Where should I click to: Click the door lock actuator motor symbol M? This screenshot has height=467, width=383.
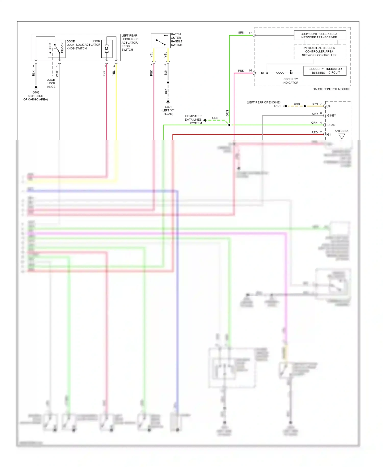[x=106, y=49]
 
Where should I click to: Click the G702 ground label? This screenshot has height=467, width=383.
[x=36, y=92]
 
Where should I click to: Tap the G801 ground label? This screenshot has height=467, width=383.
[x=168, y=107]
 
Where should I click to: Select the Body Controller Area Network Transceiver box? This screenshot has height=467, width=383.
[x=320, y=36]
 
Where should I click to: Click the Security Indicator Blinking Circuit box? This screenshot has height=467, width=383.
[x=325, y=71]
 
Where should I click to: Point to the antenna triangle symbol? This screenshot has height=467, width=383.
[x=342, y=136]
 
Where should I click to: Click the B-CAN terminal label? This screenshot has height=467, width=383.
[x=331, y=125]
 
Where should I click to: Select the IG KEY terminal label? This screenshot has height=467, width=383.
[x=331, y=115]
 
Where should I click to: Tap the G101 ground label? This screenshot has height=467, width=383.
[x=277, y=106]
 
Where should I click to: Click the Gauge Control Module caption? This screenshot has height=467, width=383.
[x=331, y=89]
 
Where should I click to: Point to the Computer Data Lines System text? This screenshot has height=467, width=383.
[x=193, y=120]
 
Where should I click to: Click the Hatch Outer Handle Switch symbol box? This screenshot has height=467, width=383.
[x=160, y=41]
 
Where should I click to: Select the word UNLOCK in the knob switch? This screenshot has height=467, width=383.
[x=62, y=48]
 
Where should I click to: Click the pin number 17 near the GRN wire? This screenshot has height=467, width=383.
[x=250, y=33]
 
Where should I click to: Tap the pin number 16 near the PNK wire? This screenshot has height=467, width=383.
[x=250, y=71]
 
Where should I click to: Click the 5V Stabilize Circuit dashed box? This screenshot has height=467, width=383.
[x=320, y=52]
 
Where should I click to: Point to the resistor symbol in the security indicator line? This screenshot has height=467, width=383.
[x=280, y=73]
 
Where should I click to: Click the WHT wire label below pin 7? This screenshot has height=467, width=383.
[x=57, y=74]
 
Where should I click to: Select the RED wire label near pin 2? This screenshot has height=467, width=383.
[x=314, y=132]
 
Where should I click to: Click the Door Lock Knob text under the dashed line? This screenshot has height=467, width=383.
[x=51, y=83]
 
